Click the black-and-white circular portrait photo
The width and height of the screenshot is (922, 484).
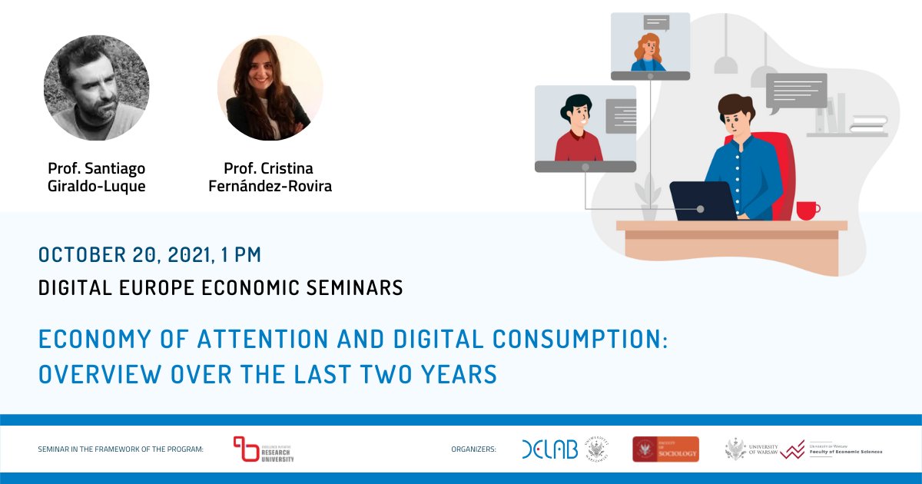[96, 88]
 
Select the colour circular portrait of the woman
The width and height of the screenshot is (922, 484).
[270, 88]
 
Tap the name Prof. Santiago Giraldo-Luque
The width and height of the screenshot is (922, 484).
[96, 177]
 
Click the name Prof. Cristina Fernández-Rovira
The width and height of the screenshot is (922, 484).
[270, 177]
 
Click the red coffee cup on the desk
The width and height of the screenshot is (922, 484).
[807, 210]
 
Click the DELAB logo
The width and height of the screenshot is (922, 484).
[549, 450]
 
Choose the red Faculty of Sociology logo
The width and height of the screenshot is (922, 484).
[665, 449]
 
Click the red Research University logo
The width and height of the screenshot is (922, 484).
[264, 450]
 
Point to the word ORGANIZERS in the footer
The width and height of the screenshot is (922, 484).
[473, 449]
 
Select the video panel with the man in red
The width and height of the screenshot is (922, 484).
[585, 128]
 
